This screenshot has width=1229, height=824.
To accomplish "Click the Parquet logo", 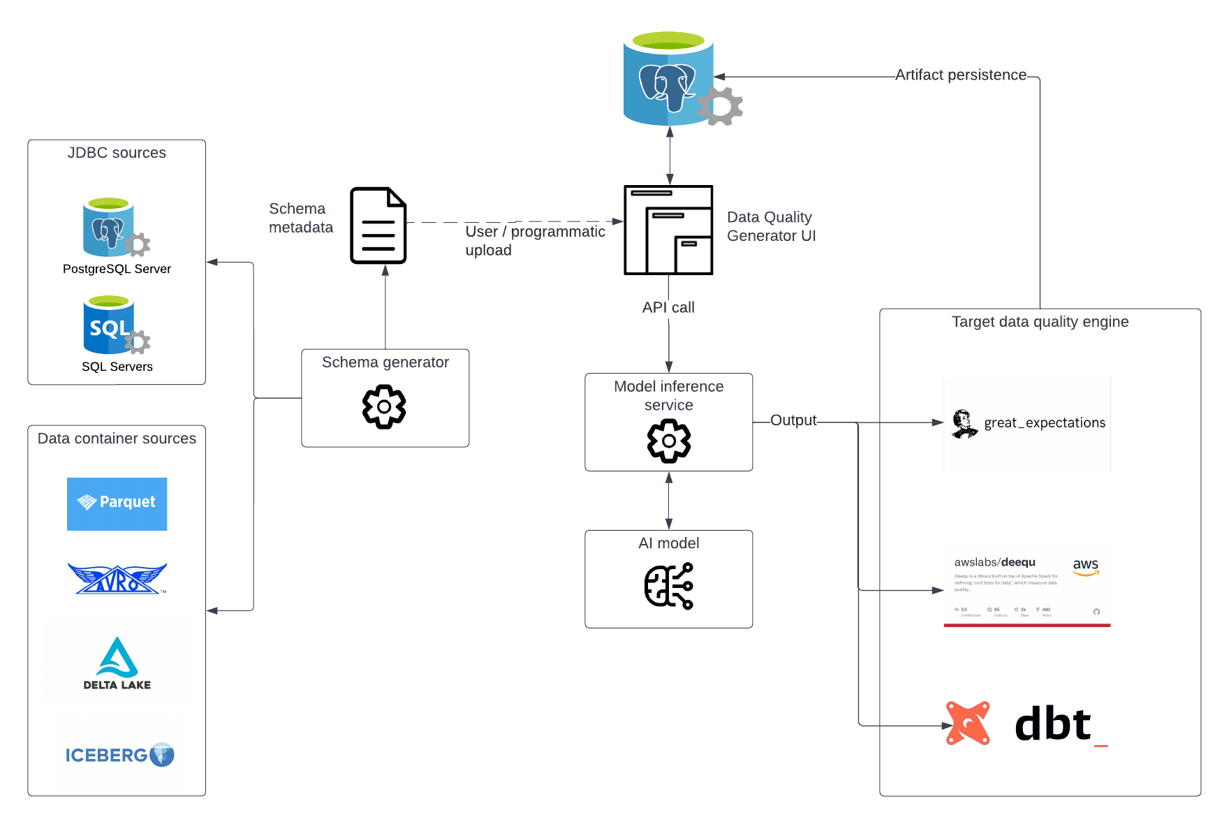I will point(117,503).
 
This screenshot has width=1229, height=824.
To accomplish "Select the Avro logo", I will point(117,578).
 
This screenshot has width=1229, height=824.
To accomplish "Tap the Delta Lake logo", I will point(117,662).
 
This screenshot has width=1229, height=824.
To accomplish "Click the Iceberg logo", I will point(118,753).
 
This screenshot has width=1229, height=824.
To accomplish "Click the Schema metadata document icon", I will point(378,226).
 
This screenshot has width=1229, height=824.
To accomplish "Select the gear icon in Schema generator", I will point(384,406).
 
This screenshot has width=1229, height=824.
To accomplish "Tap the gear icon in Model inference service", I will point(669,441).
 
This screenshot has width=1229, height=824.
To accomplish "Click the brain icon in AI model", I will point(669,586).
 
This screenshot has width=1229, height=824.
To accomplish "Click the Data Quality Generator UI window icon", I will point(668,230).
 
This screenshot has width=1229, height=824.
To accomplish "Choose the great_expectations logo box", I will point(1026,425).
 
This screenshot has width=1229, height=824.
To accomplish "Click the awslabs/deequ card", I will point(1026,584).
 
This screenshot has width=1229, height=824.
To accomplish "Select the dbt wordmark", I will point(1053,725).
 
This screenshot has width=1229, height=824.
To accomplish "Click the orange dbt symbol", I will point(968,723).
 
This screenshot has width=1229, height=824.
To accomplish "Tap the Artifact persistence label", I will point(961,75).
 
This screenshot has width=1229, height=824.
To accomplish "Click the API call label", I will point(668,307).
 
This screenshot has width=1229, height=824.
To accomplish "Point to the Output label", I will point(793,420).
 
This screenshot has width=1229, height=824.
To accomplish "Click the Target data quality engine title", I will point(1040,322).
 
